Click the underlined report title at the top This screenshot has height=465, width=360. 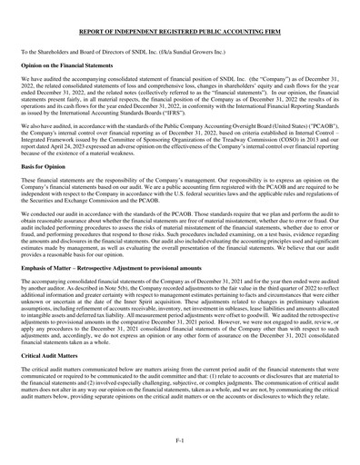[180, 32]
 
